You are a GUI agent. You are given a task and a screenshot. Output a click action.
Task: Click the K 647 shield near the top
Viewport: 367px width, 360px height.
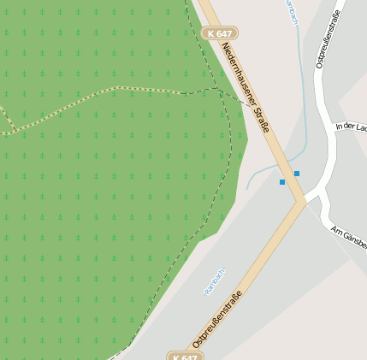click(x=220, y=32)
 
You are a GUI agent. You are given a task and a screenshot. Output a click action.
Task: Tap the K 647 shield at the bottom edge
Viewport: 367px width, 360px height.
click(x=184, y=355)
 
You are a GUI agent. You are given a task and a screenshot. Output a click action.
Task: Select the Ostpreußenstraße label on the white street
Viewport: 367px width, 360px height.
click(x=329, y=38)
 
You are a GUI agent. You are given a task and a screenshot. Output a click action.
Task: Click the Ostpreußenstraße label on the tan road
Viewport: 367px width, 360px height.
click(x=218, y=318)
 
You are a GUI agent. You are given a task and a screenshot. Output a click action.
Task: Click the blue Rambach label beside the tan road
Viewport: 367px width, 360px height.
click(x=213, y=280)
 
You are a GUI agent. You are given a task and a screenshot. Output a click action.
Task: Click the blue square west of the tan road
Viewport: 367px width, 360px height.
click(x=282, y=182)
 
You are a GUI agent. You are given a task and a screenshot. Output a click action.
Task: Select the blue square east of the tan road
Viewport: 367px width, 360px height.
click(x=297, y=174)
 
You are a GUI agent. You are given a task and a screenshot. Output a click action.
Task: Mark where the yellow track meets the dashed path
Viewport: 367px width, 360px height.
click(x=181, y=92)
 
